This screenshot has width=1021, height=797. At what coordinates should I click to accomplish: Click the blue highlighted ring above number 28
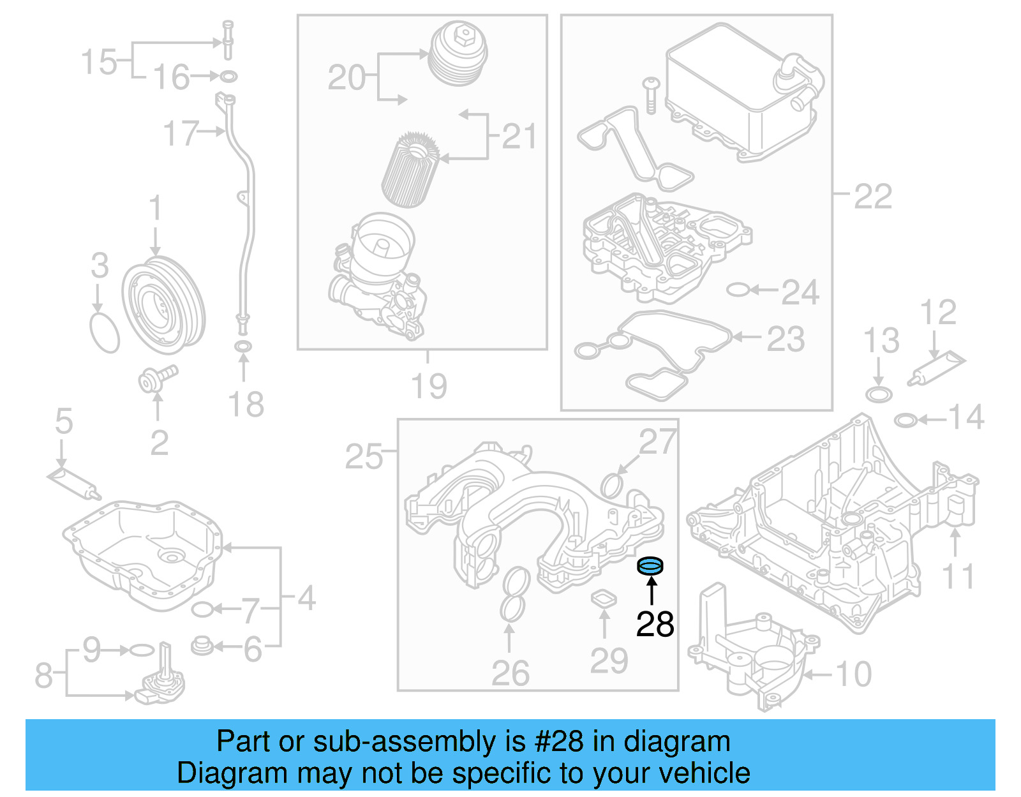pos(651,565)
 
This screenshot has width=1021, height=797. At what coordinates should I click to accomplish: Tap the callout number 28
pos(655,624)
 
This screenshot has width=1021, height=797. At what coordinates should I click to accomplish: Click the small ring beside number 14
pos(905,420)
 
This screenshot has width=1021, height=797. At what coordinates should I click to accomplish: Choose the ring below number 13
pos(879,394)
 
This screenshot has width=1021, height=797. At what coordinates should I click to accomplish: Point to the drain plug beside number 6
pos(202,646)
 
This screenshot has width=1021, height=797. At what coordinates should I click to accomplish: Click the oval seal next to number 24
pos(738,290)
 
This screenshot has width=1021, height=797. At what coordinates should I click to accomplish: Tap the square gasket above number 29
pos(604,599)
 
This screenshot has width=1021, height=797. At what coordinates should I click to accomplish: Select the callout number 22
pos(872,197)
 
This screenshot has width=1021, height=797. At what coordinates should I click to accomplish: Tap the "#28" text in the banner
pos(558,741)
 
